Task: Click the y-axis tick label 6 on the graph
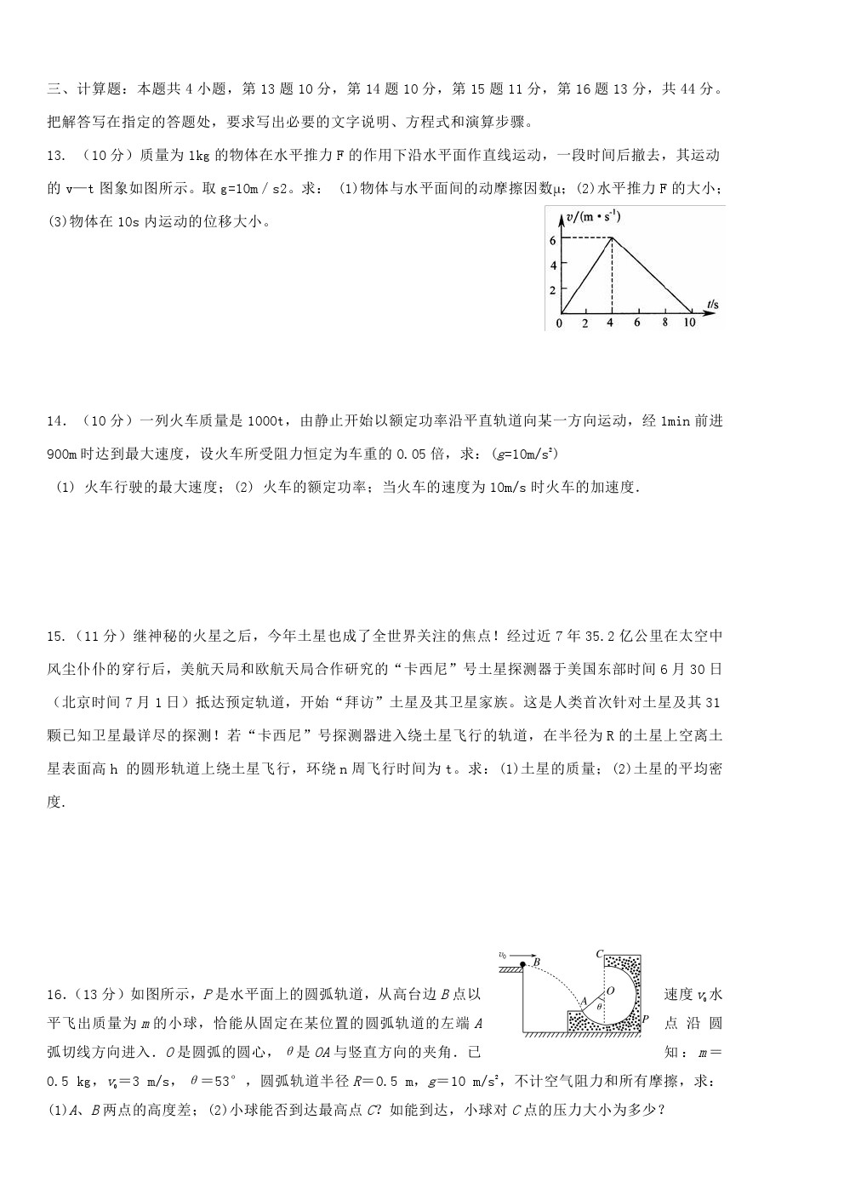coord(553,241)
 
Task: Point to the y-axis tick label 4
coord(553,266)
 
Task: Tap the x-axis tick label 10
coord(689,323)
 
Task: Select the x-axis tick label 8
coord(664,323)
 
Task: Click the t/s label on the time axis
coord(712,304)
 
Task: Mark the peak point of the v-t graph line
coord(611,238)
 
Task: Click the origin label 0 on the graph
coord(559,323)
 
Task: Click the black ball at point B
coord(522,964)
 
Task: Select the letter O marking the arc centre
coord(609,991)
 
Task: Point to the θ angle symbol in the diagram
coord(599,1006)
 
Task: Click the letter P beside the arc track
coord(646,1019)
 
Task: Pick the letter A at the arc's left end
coord(583,1002)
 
